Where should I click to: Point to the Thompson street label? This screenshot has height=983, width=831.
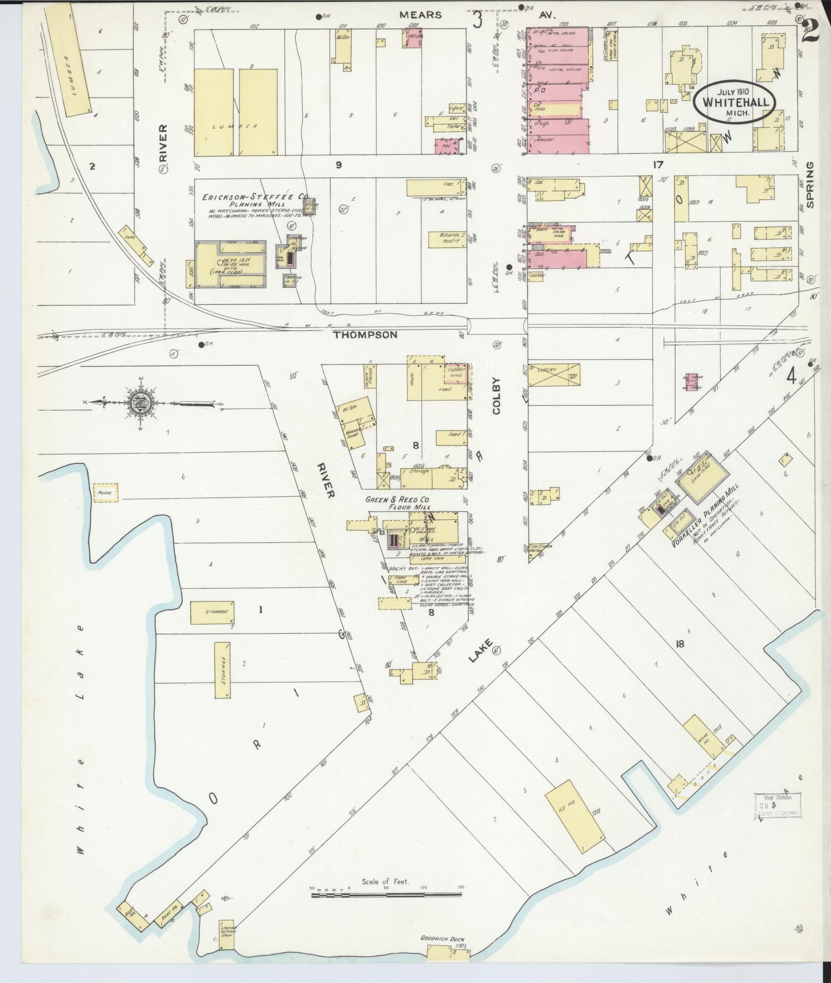tap(365, 335)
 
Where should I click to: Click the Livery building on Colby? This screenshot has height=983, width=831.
tap(554, 375)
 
